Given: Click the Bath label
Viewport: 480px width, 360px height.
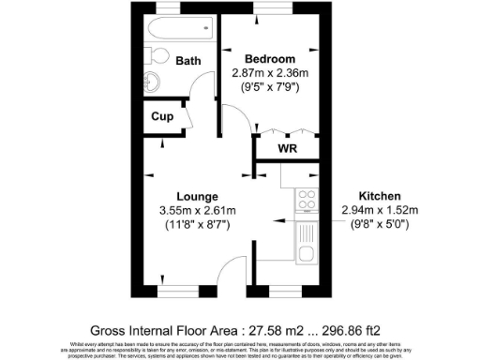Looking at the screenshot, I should (x=188, y=61).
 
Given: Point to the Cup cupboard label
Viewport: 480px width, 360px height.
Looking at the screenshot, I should (x=162, y=116).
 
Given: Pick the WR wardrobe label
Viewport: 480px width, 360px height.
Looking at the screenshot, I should (x=288, y=147).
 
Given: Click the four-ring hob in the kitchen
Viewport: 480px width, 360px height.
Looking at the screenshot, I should (x=306, y=198).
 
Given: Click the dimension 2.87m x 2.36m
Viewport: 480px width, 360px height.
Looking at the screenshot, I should (x=272, y=72).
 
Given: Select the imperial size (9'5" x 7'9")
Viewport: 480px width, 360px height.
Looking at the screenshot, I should (x=272, y=88).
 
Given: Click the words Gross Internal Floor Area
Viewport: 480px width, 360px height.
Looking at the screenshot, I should (x=163, y=330).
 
